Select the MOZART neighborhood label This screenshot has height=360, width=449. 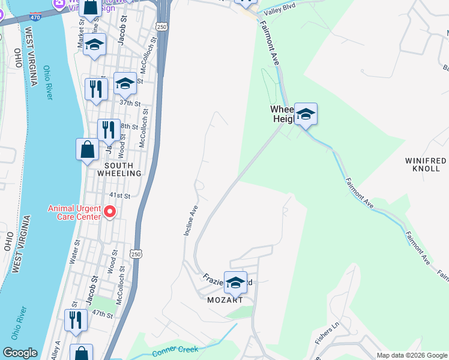point(225,299)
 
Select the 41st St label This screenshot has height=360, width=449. point(119,196)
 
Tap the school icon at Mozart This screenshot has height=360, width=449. point(235,282)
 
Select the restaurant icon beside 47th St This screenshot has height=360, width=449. point(76,319)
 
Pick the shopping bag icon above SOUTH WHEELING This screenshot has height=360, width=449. point(87,149)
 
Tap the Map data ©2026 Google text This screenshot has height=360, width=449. point(412,355)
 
